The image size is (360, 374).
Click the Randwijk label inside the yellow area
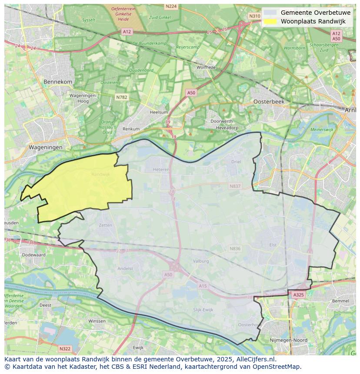[100, 174]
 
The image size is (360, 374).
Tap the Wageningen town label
[46, 147]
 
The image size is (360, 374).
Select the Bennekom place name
[58, 82]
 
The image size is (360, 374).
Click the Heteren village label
[160, 170]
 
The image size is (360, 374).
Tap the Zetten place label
[105, 225]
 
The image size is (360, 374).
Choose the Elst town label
[273, 245]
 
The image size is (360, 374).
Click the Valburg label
[201, 261]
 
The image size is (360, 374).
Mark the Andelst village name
[125, 268]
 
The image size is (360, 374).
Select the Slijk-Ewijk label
[203, 309]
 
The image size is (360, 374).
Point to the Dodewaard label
[33, 255]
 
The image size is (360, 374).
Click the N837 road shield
[235, 186]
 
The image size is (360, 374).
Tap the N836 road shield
[235, 248]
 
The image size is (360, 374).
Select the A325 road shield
[298, 295]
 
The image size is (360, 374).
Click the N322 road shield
[65, 348]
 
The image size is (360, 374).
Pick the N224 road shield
[171, 7]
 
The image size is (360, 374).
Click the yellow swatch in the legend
[270, 21]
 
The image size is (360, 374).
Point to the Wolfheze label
[206, 67]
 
